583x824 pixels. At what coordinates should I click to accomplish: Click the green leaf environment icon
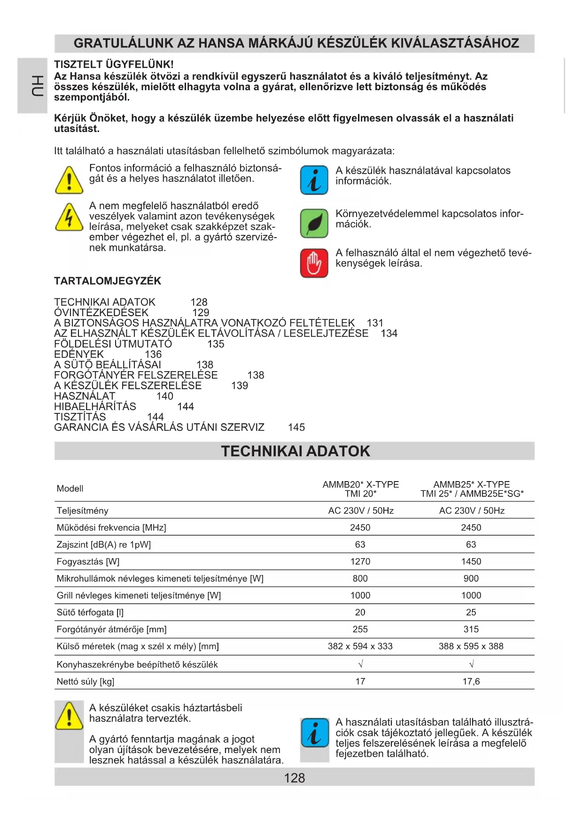click(314, 223)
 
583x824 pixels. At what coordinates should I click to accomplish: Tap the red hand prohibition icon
click(314, 263)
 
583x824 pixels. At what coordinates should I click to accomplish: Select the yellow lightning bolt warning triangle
click(70, 217)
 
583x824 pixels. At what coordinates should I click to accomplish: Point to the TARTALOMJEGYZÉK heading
click(108, 281)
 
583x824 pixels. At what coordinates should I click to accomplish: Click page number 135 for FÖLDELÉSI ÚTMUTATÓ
click(216, 344)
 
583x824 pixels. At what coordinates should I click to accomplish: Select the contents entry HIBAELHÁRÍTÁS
click(95, 406)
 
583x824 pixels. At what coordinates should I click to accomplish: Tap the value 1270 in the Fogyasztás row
click(360, 561)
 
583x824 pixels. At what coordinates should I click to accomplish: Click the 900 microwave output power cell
click(471, 578)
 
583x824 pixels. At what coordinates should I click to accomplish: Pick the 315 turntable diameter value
click(471, 629)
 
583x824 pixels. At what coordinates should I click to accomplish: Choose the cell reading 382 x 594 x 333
click(360, 646)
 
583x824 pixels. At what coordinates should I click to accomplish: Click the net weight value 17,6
click(471, 681)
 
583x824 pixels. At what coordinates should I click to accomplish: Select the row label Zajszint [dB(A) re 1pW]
click(104, 544)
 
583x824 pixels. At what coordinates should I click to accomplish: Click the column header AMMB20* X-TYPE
click(360, 484)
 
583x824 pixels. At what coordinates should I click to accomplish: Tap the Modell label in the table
click(70, 489)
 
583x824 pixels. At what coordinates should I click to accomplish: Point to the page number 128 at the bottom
click(295, 778)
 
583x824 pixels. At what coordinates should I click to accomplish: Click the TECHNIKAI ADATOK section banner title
click(295, 451)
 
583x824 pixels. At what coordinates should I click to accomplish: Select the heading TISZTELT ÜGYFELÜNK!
click(114, 64)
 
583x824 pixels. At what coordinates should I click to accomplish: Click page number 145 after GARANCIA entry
click(296, 427)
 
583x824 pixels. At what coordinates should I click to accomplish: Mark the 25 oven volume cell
click(471, 612)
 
